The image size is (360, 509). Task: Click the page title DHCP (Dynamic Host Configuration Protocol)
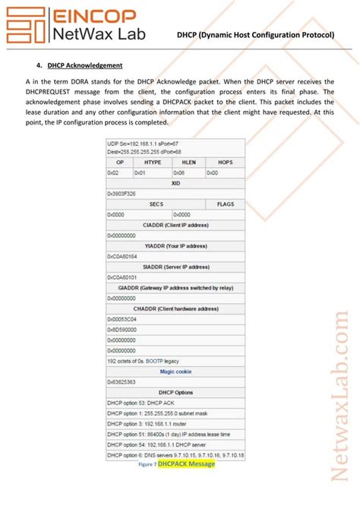point(254,35)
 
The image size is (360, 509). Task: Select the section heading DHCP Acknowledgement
point(85,65)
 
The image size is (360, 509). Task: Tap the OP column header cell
point(119,162)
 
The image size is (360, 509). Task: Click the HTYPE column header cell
point(152,162)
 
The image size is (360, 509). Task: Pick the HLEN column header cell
point(188,162)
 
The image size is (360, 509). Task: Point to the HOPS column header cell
point(225,162)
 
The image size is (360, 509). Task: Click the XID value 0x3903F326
point(122,194)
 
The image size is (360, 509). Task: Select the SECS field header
point(156,204)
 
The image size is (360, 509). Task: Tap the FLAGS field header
point(225,204)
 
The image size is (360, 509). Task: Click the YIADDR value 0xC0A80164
point(122,257)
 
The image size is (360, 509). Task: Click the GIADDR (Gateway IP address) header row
point(175,288)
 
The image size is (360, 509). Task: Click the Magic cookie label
point(175,371)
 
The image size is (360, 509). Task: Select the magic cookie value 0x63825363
point(122,382)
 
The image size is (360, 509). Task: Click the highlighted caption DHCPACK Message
point(186,463)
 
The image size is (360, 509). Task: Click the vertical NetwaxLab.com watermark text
point(339,395)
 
